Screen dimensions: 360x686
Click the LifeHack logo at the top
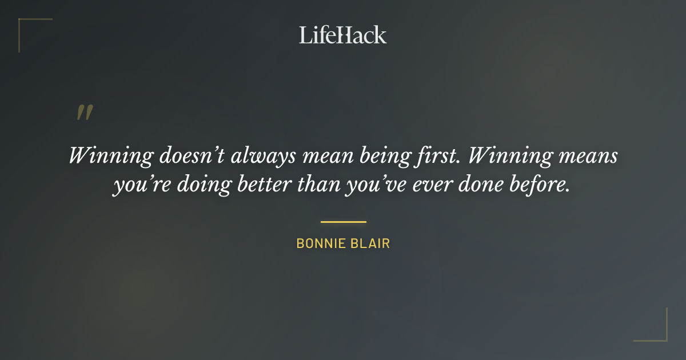pos(343,35)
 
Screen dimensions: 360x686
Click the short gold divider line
pos(343,222)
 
